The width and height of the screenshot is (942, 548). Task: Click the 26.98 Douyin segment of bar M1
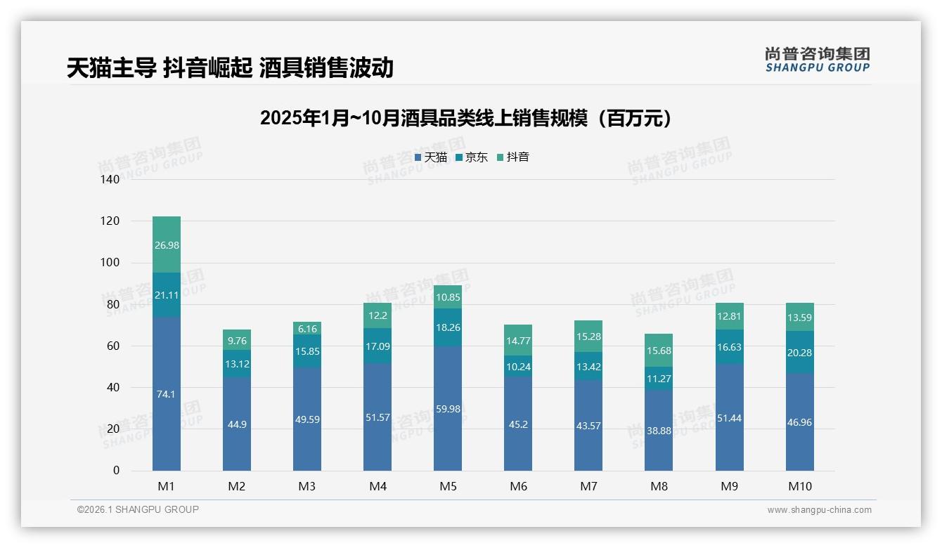click(x=166, y=244)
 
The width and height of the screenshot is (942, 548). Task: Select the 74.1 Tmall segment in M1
click(x=166, y=394)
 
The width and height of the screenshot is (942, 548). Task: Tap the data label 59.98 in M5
click(x=448, y=409)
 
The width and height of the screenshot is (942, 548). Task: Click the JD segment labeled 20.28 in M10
click(x=799, y=353)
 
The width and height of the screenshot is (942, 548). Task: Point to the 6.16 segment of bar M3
click(x=307, y=329)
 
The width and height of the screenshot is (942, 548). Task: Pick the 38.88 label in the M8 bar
click(x=659, y=431)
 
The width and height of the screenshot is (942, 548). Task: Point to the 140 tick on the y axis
click(x=110, y=180)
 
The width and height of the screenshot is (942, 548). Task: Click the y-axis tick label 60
click(x=113, y=346)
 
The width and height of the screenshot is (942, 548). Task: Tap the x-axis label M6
click(x=518, y=486)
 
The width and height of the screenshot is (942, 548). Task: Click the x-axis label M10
click(x=799, y=486)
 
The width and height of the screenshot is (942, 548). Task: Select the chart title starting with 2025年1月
click(x=465, y=118)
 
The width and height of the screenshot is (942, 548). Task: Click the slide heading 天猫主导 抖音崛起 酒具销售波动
click(x=230, y=68)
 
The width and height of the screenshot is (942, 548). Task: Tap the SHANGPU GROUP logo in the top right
click(x=817, y=60)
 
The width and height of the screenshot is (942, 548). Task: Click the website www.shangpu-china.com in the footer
click(x=819, y=510)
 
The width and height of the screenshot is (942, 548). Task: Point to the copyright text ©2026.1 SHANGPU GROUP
click(x=138, y=509)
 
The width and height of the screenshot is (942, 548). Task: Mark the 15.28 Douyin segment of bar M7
click(x=588, y=337)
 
